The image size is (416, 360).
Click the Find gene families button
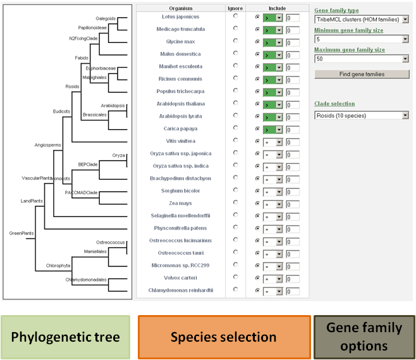tap(362, 74)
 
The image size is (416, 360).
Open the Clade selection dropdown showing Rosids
tap(362, 116)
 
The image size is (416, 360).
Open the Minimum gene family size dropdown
tap(362, 39)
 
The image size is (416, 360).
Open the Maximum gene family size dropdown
tap(362, 59)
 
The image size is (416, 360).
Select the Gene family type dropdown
tap(362, 20)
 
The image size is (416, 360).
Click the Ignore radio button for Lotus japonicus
tap(235, 16)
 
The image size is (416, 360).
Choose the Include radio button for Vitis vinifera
tap(257, 141)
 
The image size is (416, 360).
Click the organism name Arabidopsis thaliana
tap(181, 104)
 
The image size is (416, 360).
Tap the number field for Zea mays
tap(293, 204)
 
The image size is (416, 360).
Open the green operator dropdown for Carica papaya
tap(272, 130)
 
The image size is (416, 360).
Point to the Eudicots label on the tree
tap(61, 111)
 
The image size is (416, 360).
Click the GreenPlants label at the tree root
tap(21, 233)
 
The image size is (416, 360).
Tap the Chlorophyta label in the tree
tap(58, 266)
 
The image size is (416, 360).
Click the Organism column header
tap(181, 8)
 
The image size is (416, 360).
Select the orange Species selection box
tap(224, 337)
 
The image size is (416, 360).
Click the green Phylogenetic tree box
tap(66, 337)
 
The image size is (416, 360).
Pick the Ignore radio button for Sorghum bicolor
tap(235, 190)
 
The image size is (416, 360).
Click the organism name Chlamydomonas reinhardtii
tap(181, 290)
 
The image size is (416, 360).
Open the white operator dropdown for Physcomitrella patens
tap(272, 230)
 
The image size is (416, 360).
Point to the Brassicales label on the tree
tap(94, 115)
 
